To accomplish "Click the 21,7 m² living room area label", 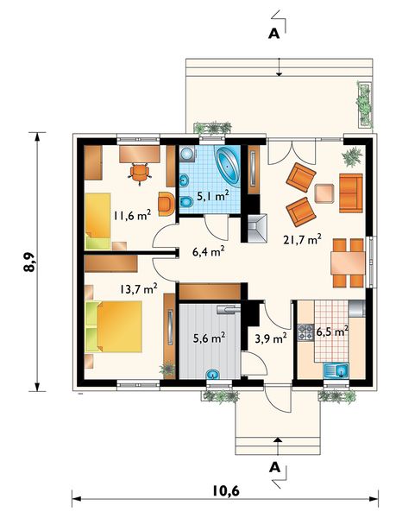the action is click(x=302, y=239).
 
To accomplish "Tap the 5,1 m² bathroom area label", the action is click(x=213, y=196).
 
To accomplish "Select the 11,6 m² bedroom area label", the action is click(x=132, y=215).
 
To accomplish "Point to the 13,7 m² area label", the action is click(x=138, y=289).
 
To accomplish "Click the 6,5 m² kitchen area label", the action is click(x=332, y=332).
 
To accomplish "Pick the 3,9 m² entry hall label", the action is click(x=271, y=338).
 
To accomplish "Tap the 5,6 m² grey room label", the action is click(x=210, y=338).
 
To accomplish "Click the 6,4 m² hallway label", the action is click(x=208, y=252).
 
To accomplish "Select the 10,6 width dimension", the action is click(x=226, y=491).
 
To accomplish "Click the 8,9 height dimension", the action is click(x=29, y=262).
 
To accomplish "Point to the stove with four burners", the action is click(x=305, y=332).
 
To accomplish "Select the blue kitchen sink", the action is click(x=336, y=370).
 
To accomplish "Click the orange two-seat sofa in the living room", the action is click(x=350, y=193).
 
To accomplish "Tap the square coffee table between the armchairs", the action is click(x=324, y=193).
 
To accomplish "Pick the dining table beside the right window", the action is click(x=348, y=263).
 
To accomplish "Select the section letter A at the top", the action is click(x=273, y=34).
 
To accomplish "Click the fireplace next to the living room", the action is click(x=257, y=229).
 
